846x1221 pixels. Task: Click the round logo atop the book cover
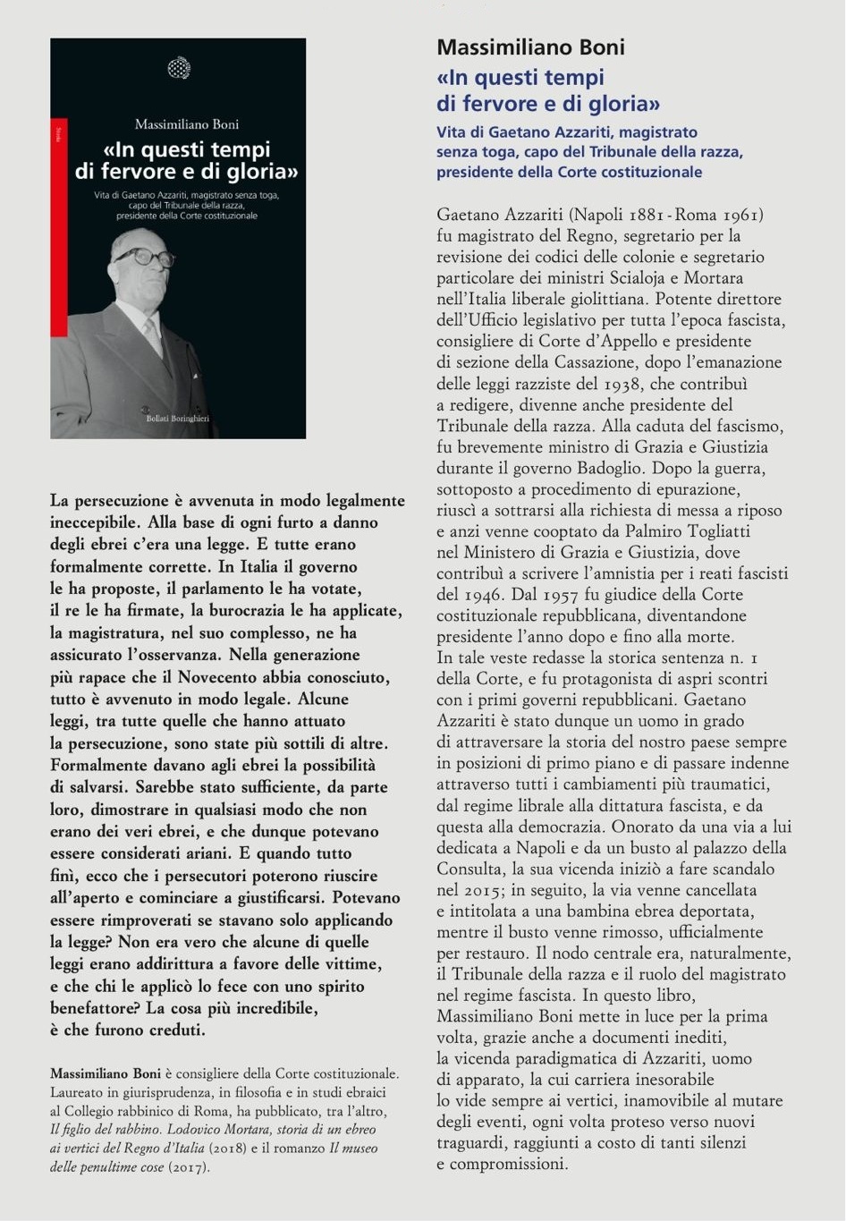point(179,68)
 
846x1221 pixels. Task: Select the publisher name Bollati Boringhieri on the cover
point(178,419)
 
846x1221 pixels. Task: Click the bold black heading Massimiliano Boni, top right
point(530,47)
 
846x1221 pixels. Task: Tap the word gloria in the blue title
point(620,103)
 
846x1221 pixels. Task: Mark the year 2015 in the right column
point(484,890)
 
